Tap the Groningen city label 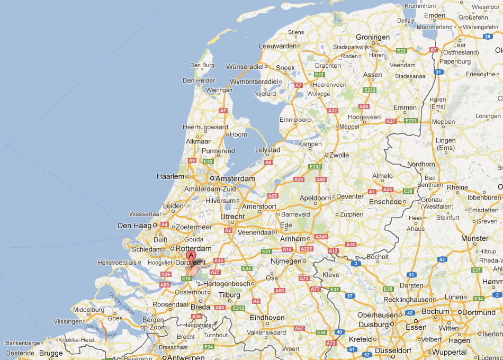tap(373, 38)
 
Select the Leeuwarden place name tap(277, 46)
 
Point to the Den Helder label tap(199, 80)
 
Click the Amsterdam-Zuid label tap(205, 189)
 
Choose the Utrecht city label tap(232, 217)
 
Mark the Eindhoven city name tap(267, 318)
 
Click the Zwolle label tap(339, 155)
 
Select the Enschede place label tap(385, 202)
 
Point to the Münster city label tap(475, 239)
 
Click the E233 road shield tap(411, 121)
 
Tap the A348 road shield tap(321, 237)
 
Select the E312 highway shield tap(239, 308)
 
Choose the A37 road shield tap(391, 121)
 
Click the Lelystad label tap(267, 150)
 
